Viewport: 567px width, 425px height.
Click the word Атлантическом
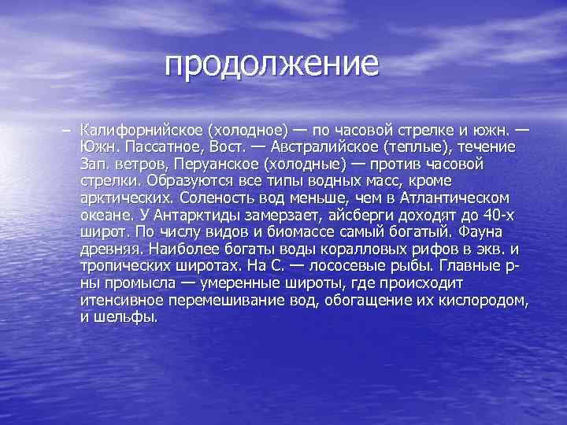[x=453, y=198]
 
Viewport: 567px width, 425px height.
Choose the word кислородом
[x=482, y=301]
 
